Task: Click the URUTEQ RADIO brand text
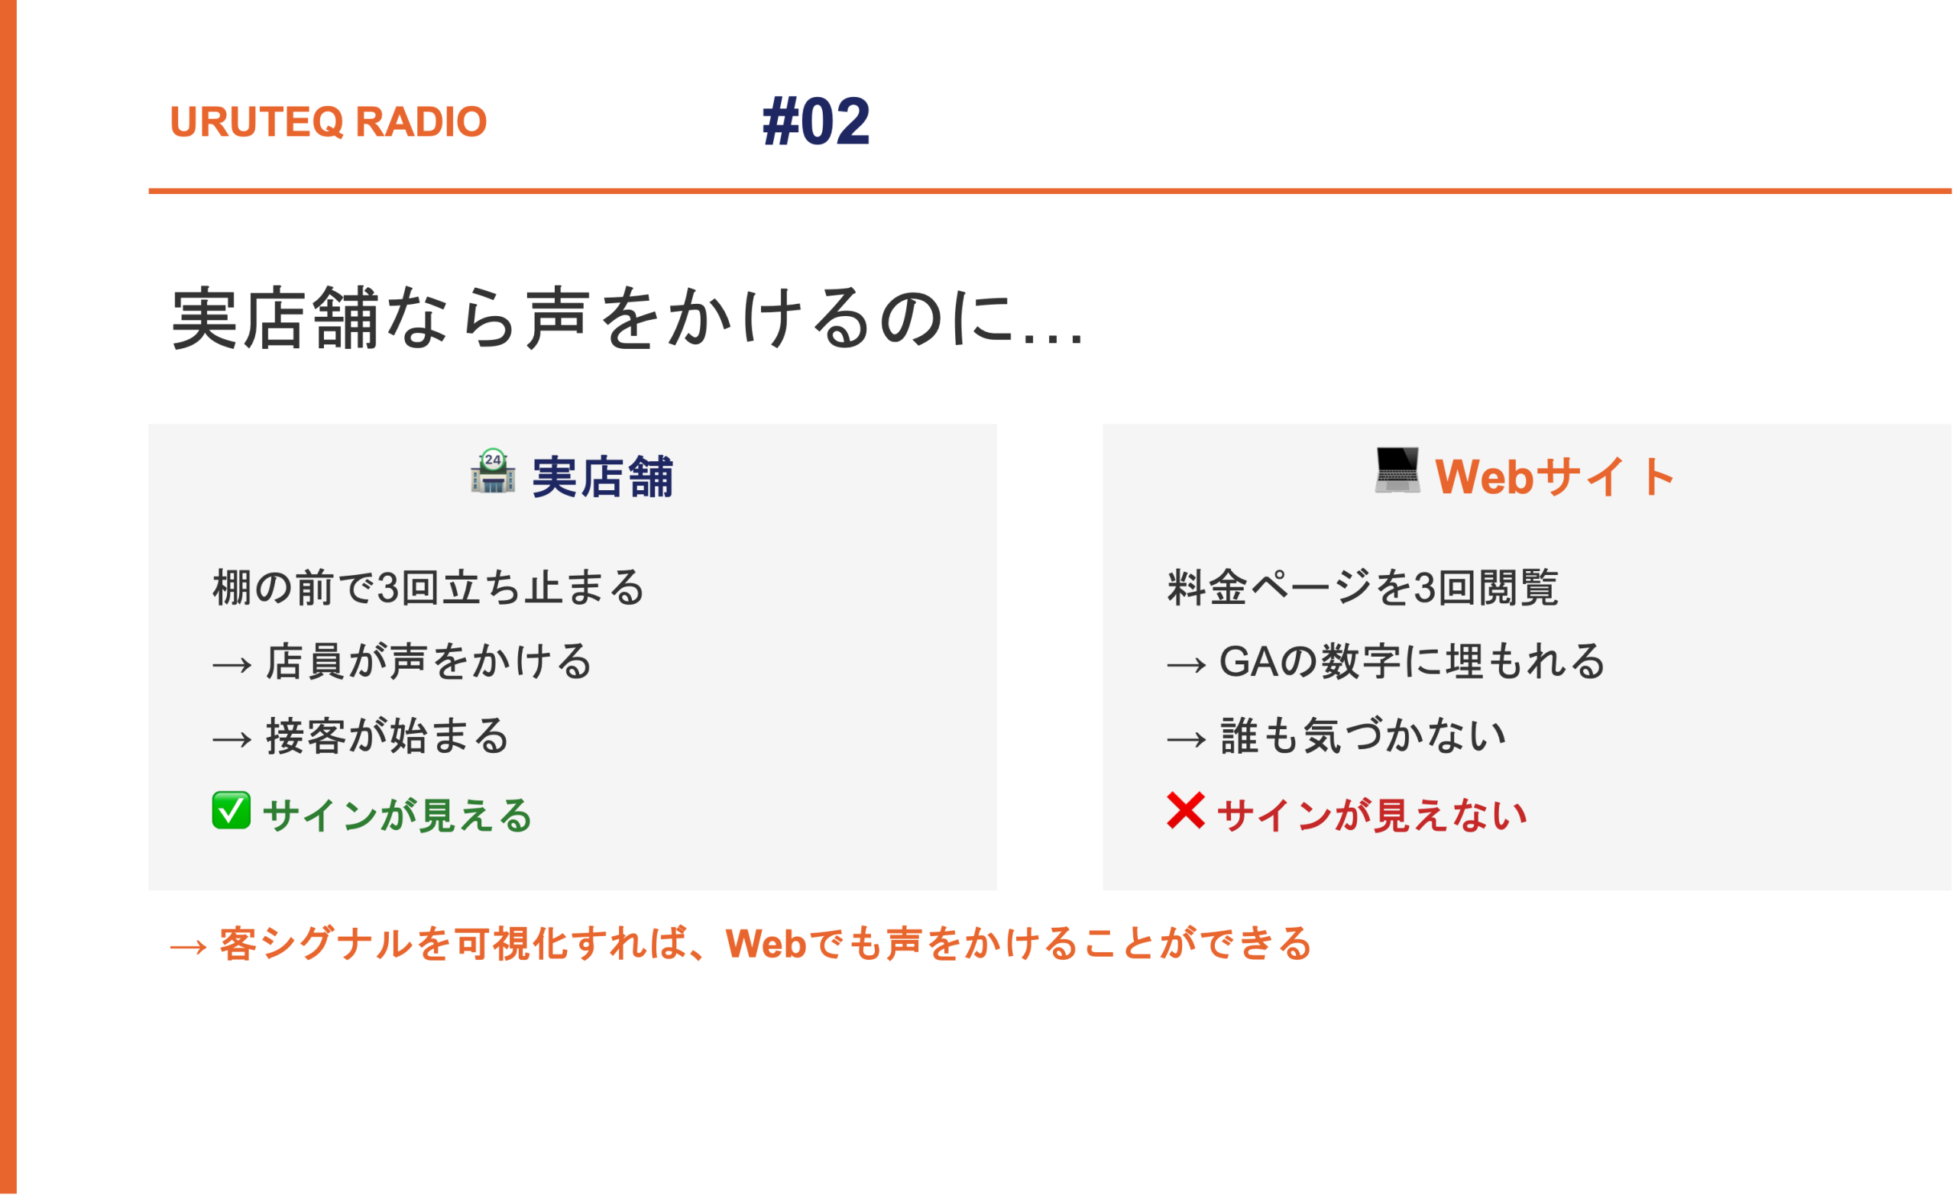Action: [328, 121]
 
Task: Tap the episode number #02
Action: [816, 121]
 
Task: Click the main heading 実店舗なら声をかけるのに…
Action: [627, 318]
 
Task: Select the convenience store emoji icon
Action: [493, 471]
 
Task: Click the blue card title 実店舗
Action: [603, 477]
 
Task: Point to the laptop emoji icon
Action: [1398, 471]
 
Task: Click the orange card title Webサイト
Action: [1555, 477]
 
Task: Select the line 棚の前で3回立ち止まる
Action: [429, 588]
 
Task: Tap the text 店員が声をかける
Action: [429, 662]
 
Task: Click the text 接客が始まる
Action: [387, 735]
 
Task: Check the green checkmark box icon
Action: [231, 810]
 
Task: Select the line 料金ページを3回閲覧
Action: [1362, 588]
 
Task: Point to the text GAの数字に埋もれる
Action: [1412, 662]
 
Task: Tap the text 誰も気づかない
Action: [1363, 735]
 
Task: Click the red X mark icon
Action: [1186, 810]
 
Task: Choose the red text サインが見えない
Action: [1371, 816]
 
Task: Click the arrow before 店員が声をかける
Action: [232, 665]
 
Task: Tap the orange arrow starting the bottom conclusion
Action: [188, 947]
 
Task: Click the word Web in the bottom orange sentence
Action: [766, 945]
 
